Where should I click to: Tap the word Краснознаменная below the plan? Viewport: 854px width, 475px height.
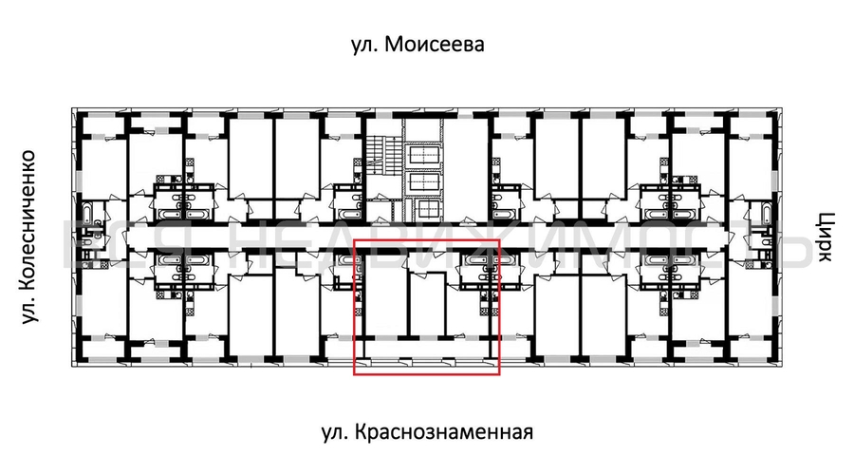pos(445,433)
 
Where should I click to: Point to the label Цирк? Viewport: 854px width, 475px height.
pos(823,236)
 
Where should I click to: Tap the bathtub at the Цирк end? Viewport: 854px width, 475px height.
pos(758,211)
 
